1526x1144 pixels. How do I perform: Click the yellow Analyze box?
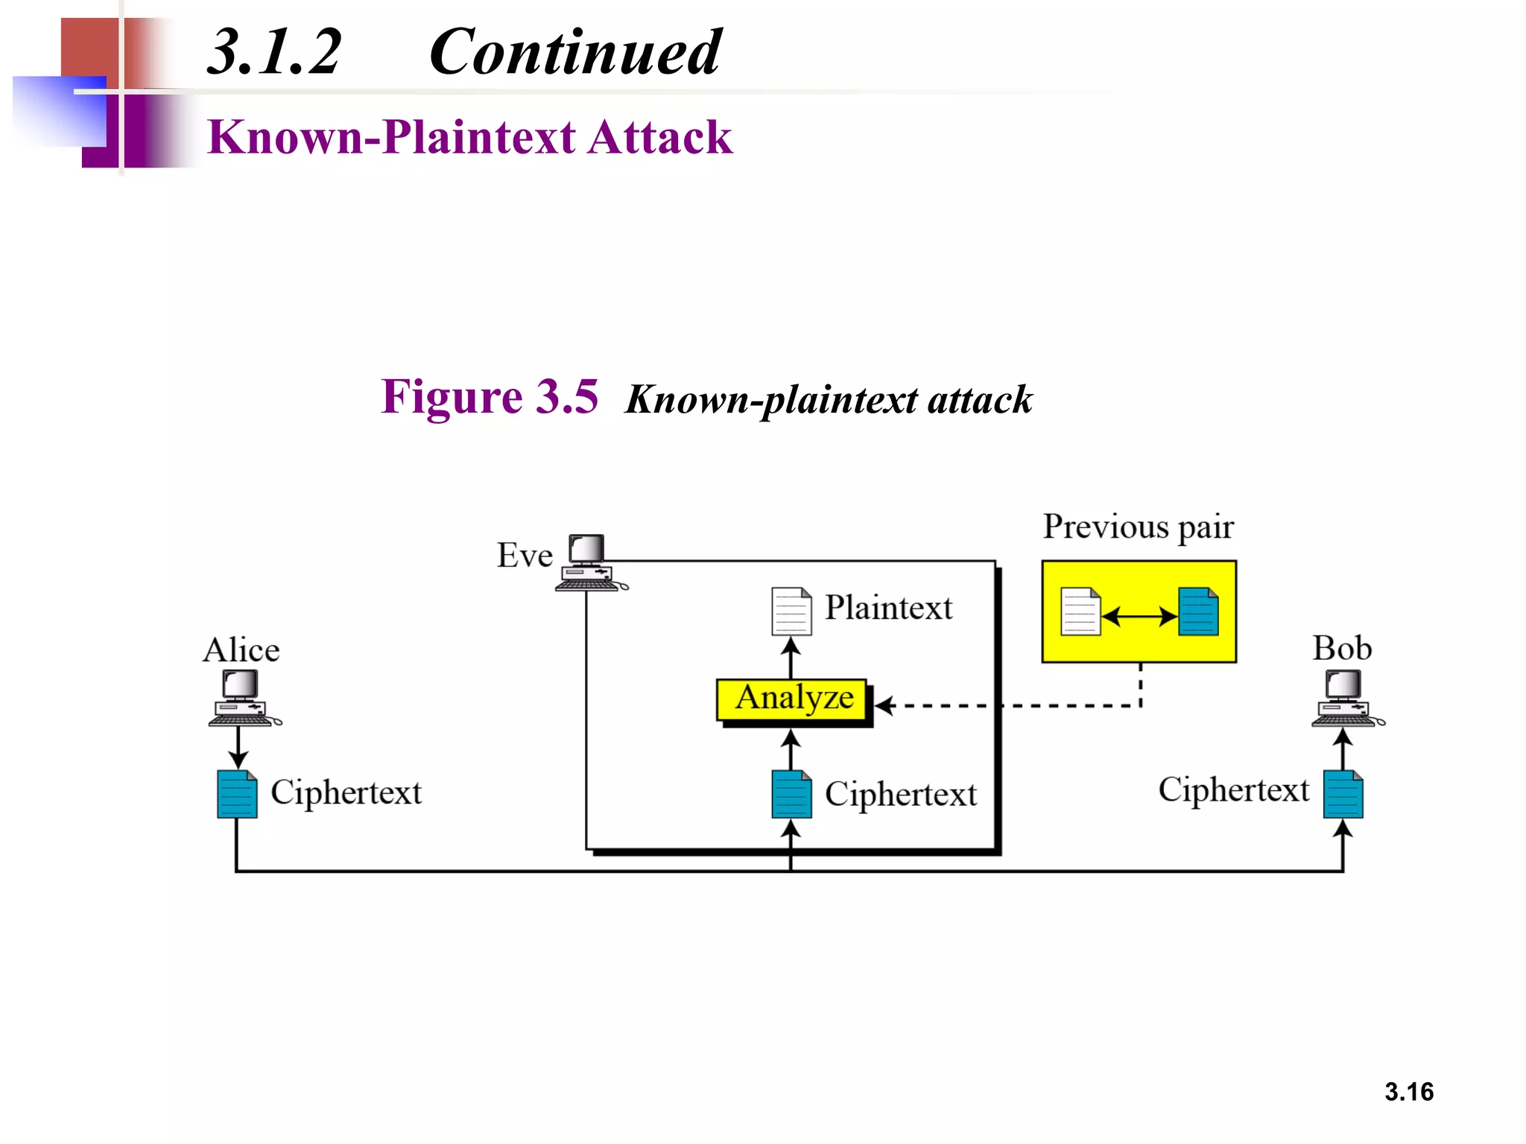coord(792,699)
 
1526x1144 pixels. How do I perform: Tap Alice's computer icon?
coord(241,697)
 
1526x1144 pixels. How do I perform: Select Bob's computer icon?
coord(1345,697)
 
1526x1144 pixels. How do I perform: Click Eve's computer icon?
coord(589,563)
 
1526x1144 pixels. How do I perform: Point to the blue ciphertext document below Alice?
coord(237,794)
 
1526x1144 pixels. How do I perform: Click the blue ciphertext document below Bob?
coord(1343,794)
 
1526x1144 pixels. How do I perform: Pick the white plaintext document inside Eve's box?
coord(791,611)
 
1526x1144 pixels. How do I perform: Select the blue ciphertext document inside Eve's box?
coord(791,794)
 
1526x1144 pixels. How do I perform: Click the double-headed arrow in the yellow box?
coord(1139,616)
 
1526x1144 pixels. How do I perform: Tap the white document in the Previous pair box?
coord(1080,611)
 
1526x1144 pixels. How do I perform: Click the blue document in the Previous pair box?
coord(1198,611)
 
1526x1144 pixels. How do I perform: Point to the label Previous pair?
coord(1138,527)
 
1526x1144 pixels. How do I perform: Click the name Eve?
coord(525,556)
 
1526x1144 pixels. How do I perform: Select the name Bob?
coord(1342,648)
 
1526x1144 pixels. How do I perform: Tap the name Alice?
coord(241,650)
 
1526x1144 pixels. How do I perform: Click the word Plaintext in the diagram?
coord(888,608)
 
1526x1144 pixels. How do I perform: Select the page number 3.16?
coord(1408,1091)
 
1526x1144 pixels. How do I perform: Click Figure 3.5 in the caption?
coord(490,396)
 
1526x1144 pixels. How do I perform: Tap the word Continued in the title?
coord(574,52)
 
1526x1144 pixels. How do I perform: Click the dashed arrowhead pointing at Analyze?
coord(884,705)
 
